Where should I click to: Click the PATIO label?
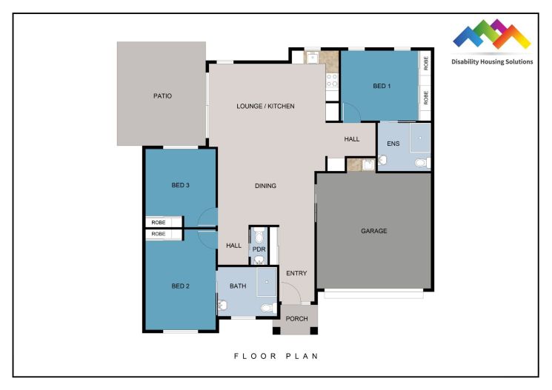click(162, 95)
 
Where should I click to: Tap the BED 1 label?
click(381, 87)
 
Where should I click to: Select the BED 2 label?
click(182, 286)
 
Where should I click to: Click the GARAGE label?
click(374, 231)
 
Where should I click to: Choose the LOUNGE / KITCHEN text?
click(265, 107)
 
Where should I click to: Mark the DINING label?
click(265, 186)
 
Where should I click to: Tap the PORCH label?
click(296, 319)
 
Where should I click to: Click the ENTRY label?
click(296, 273)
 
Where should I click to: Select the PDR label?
click(259, 249)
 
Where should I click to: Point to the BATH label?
click(238, 286)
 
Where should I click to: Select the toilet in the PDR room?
click(259, 236)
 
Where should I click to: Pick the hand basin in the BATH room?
click(222, 304)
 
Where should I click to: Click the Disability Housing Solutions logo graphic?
click(492, 36)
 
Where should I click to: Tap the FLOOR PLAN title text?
click(276, 356)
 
